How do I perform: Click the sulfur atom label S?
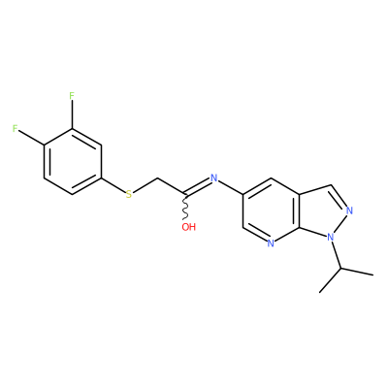129,194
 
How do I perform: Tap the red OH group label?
188,227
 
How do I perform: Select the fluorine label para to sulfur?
15,129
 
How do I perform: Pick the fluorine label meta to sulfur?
72,96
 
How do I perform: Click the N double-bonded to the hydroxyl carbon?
213,178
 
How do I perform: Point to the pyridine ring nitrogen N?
271,243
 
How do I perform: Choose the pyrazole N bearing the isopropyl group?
330,238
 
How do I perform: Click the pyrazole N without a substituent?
349,211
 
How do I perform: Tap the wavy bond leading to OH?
185,208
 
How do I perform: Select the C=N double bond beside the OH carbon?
198,186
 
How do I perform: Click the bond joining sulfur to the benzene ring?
113,185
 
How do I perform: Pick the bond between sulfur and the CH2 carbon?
145,185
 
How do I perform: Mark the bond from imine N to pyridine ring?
230,186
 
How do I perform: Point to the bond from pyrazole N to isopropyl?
336,255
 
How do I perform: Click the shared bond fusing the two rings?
300,210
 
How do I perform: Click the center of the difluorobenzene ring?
72,162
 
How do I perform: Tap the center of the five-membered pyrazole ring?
324,211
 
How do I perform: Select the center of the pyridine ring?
271,210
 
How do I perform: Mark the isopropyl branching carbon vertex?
340,269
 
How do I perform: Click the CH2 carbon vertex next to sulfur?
157,178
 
